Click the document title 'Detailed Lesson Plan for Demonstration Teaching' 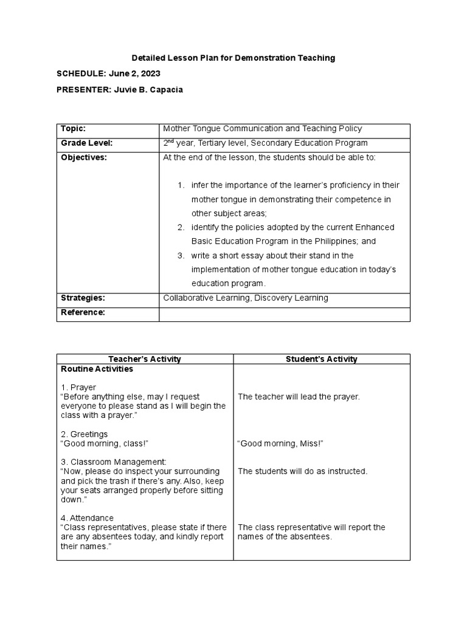pos(233,58)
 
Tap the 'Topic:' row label pos(73,129)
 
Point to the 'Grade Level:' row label pos(87,143)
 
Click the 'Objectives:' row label pos(84,157)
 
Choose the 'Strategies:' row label pos(83,298)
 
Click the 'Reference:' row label pos(83,312)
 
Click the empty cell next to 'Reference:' pos(284,313)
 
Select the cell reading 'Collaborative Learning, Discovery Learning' pos(246,298)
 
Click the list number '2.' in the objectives pos(181,227)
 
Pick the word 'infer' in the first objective pos(199,185)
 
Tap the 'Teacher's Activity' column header pos(145,359)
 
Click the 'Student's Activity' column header pos(322,359)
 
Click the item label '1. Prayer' pos(78,387)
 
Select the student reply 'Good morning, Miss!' pos(280,443)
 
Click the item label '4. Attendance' pos(87,518)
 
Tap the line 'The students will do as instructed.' pos(303,471)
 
